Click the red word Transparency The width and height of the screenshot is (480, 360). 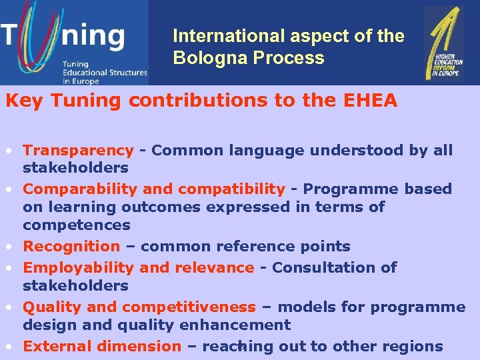(78, 151)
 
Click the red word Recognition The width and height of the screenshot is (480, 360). (71, 247)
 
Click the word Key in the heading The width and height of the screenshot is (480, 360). (20, 101)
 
